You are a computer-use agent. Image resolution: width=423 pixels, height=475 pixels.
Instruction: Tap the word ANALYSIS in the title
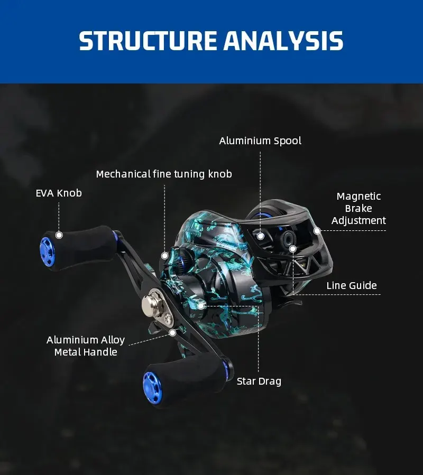click(x=283, y=41)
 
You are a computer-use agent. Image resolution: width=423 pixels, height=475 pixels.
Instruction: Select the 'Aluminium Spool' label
click(x=260, y=141)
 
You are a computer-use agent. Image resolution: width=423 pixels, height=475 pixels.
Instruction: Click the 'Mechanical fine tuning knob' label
click(x=164, y=174)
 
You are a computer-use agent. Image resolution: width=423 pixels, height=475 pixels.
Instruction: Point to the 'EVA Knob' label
click(x=59, y=193)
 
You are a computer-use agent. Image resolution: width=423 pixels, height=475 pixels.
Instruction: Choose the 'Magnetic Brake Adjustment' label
click(x=358, y=208)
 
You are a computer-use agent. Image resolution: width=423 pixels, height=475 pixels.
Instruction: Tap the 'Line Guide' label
click(x=352, y=286)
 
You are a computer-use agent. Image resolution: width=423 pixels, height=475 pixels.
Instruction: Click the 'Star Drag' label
click(x=259, y=381)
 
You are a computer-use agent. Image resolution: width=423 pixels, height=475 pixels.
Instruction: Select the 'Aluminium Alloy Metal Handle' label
click(x=86, y=346)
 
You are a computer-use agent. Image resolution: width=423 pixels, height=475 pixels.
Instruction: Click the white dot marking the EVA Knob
click(x=59, y=235)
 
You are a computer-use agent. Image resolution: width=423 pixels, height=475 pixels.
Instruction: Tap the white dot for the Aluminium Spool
click(x=260, y=236)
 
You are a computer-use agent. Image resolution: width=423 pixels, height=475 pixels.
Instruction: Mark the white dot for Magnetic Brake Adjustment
click(x=317, y=230)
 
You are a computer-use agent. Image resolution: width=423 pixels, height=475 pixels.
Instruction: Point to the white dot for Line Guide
click(x=292, y=248)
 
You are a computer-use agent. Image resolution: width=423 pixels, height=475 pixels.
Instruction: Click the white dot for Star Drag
click(x=201, y=305)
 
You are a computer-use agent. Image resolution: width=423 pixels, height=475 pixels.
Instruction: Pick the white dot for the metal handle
click(x=172, y=332)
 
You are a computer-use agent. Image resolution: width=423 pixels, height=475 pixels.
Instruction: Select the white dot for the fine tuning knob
click(x=164, y=255)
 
